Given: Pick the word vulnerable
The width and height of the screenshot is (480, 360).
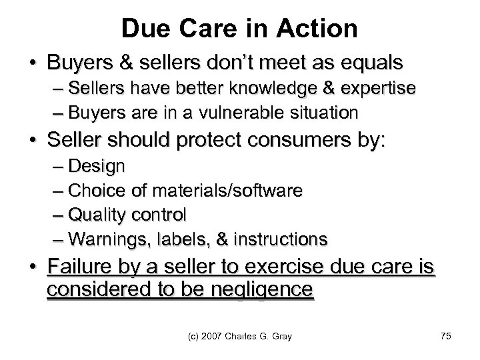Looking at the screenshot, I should [225, 113].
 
